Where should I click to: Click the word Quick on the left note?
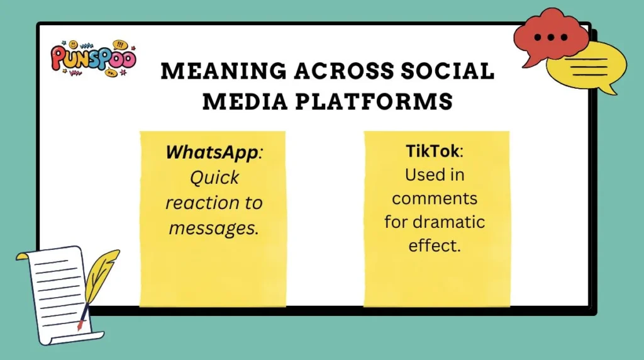click(x=214, y=177)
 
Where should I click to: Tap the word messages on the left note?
click(x=213, y=227)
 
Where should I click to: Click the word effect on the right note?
click(x=435, y=245)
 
